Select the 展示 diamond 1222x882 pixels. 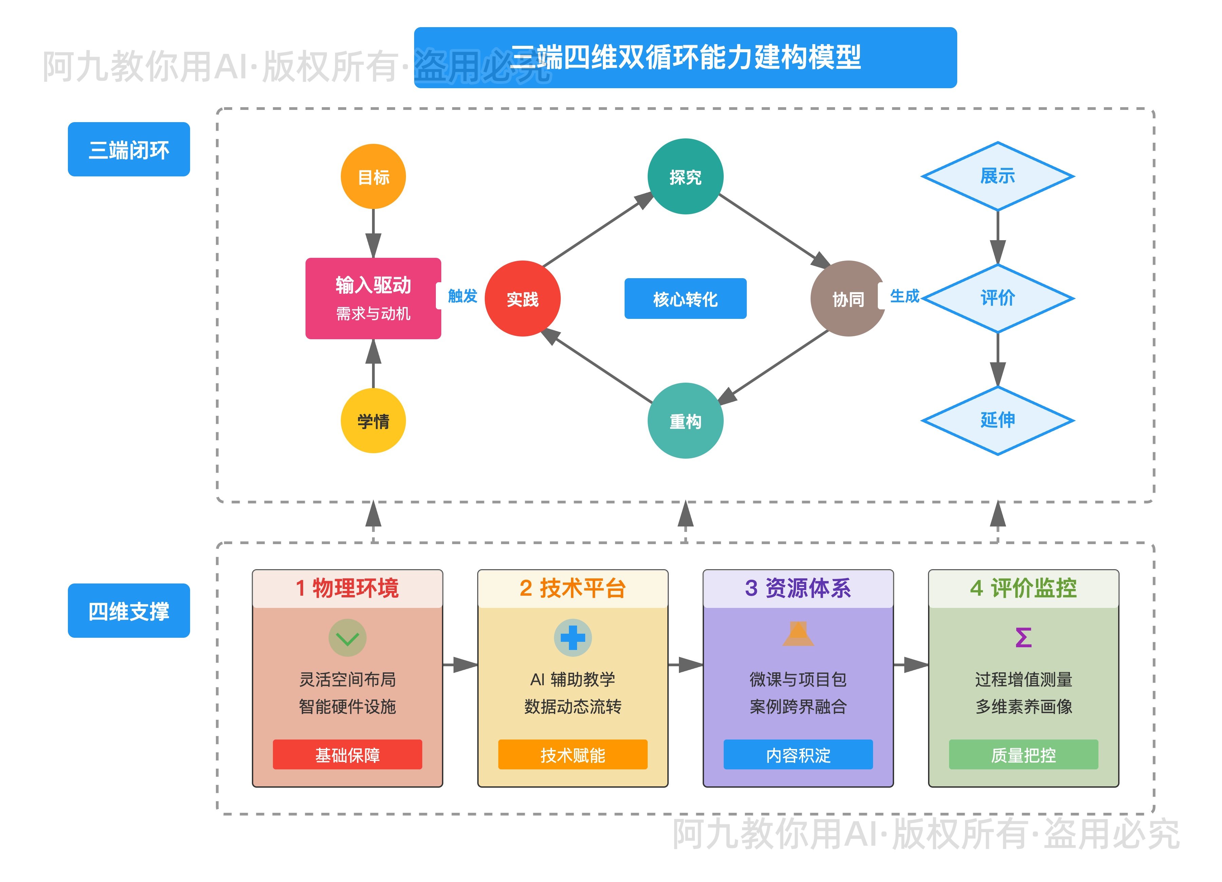coord(997,176)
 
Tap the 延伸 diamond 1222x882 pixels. coord(997,420)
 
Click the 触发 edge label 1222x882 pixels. coord(462,295)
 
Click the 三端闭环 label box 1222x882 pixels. coord(129,149)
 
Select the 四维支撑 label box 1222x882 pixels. coord(129,611)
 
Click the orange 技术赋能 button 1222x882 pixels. coord(572,754)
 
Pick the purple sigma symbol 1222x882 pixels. coord(1023,637)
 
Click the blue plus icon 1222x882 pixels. coord(572,637)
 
